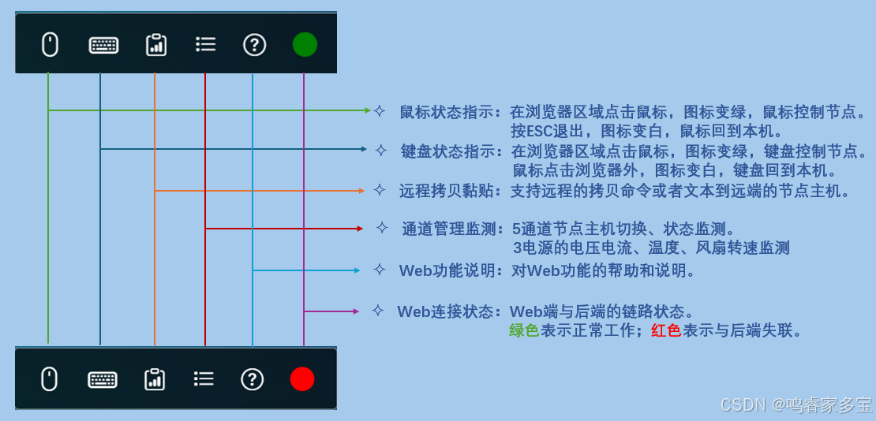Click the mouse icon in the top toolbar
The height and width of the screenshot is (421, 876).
pos(50,44)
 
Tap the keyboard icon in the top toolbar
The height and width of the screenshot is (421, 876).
pos(103,45)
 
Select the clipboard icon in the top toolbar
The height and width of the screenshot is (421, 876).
pos(156,44)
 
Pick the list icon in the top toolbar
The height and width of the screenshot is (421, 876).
pos(205,44)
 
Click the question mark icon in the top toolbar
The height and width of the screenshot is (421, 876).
pos(254,44)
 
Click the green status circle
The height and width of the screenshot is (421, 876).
pos(305,44)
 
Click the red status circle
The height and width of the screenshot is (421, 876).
pos(302,379)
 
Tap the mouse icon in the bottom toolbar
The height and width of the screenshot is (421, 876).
pos(49,379)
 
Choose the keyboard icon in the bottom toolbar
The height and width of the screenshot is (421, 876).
pos(103,379)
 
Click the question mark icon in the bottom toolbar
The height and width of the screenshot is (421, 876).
pos(253,379)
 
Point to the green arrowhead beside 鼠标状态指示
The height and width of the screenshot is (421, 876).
pos(367,110)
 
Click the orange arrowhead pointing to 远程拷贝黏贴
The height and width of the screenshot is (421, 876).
pos(361,190)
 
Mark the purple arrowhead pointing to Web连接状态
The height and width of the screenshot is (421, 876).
pos(356,311)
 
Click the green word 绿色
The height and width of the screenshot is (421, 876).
pos(524,331)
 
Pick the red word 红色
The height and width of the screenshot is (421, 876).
pos(666,331)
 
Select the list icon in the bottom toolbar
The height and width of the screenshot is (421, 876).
pos(204,379)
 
